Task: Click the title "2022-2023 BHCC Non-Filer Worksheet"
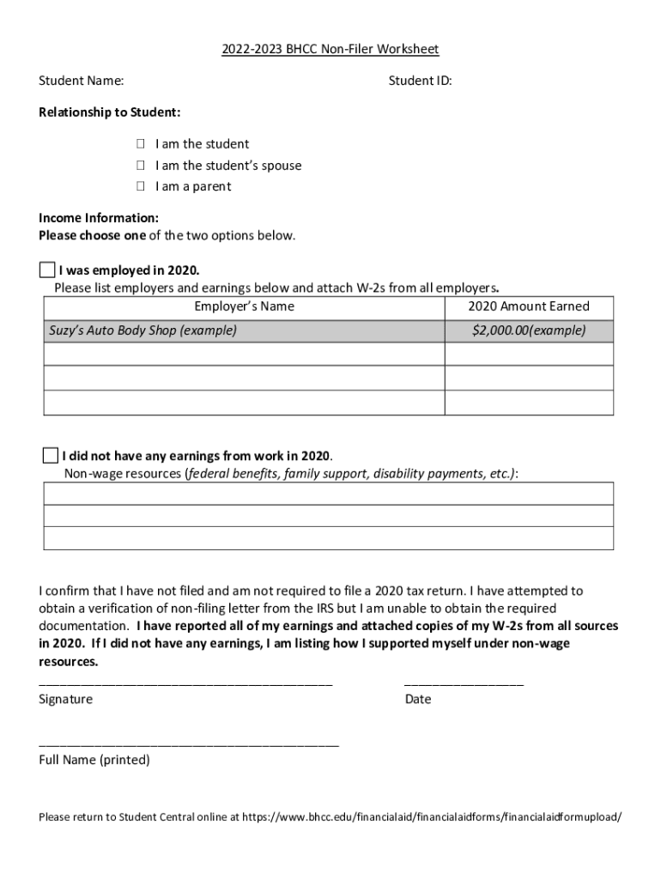[x=330, y=50]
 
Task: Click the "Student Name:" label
[x=81, y=81]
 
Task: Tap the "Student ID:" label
[x=420, y=81]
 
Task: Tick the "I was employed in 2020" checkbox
[x=46, y=270]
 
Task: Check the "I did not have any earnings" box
[x=50, y=455]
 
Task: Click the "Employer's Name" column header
[x=244, y=306]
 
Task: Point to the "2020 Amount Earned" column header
[x=529, y=306]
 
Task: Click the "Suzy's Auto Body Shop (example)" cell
[x=143, y=330]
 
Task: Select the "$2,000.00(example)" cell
[x=529, y=330]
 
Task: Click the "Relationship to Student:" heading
[x=109, y=112]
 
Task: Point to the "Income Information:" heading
[x=98, y=218]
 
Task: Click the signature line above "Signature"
[x=185, y=684]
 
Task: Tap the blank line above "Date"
[x=464, y=684]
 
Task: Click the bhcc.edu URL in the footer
[x=431, y=816]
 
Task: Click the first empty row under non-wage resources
[x=328, y=494]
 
